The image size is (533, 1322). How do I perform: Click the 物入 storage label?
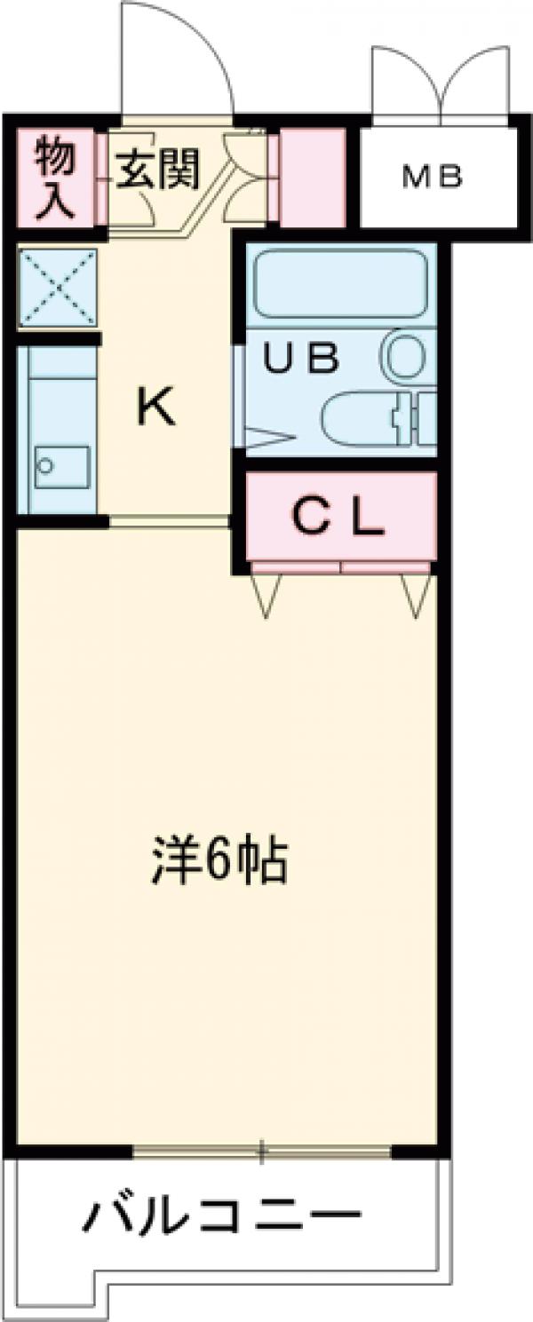tap(55, 178)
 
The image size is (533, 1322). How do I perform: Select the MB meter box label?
tap(433, 178)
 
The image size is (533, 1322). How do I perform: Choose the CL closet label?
tap(338, 518)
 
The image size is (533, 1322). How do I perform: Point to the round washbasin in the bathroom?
tap(405, 355)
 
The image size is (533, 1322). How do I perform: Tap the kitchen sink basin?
tap(61, 466)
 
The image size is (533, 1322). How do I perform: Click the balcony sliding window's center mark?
tap(261, 1153)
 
